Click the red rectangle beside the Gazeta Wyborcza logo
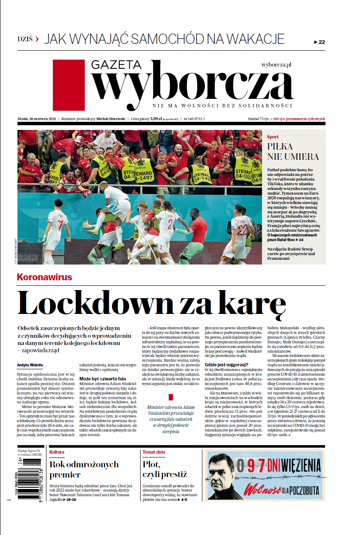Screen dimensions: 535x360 pos(69,85)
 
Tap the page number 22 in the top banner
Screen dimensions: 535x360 pos(321,42)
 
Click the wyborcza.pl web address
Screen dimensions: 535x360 pos(276,65)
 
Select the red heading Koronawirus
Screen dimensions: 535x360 pos(44,277)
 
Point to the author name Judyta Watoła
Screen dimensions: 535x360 pos(30,365)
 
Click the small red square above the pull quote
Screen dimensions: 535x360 pos(171,397)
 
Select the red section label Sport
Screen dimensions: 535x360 pos(273,137)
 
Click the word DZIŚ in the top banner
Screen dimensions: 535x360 pos(25,39)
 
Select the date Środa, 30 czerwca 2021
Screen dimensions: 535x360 pos(37,119)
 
